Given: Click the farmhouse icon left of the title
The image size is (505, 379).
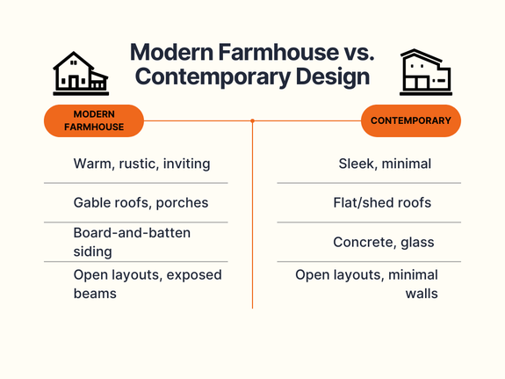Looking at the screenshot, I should pos(79,73).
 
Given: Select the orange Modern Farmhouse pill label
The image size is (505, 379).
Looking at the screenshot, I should pos(94,120).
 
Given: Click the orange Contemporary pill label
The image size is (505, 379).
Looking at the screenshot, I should pos(411,120).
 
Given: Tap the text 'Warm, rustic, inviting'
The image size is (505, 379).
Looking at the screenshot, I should pos(141,164).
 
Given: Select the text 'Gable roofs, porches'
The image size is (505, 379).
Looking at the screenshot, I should pos(141,202).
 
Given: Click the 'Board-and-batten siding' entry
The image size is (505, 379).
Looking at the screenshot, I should pos(132,242).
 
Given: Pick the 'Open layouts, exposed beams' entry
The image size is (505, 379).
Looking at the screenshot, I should pos(147,283).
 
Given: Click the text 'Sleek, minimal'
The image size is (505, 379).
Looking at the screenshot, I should pos(385,164).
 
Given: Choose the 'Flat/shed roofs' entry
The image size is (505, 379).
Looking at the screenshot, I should pos(383,202).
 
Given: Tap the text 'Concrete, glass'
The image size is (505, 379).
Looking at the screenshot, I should pos(383,242).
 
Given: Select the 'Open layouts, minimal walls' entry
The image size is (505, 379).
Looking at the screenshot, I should pos(366,283).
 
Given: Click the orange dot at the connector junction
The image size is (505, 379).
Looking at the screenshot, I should pos(252,120).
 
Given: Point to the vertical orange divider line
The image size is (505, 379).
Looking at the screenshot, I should pos(252,220).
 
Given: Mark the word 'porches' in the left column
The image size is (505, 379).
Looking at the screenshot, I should pos(182,203).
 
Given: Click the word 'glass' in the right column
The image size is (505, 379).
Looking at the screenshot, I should pos(415,243).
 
